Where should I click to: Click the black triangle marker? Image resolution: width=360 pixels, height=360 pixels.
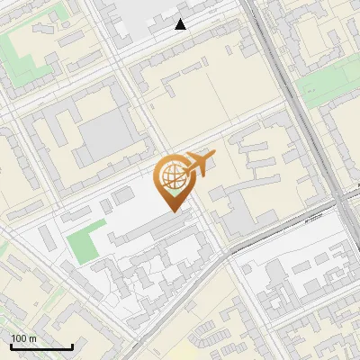(x=181, y=24)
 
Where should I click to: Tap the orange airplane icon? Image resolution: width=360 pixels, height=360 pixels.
(x=200, y=165)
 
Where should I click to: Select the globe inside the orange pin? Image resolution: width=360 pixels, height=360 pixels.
(x=173, y=176)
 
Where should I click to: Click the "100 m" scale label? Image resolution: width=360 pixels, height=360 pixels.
(x=24, y=338)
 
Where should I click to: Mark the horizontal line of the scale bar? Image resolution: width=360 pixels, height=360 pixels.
(x=41, y=347)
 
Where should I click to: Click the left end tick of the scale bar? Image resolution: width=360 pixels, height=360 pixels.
(x=11, y=346)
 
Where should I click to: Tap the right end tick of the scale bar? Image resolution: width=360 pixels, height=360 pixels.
(x=72, y=346)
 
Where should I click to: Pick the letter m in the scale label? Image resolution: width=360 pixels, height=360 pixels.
(x=33, y=338)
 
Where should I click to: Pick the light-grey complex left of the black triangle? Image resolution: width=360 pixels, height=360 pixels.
(x=135, y=18)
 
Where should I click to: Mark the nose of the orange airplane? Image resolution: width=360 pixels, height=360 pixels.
(x=214, y=157)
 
